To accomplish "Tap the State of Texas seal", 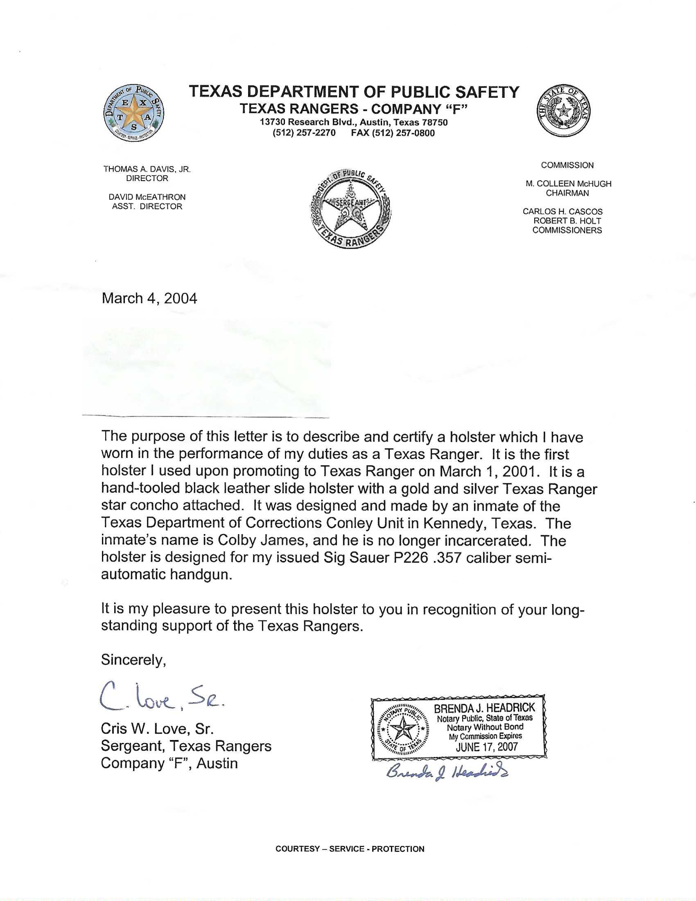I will [563, 111].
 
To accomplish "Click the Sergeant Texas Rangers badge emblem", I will [350, 208].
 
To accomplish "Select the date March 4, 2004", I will [149, 298].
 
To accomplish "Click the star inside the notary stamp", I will [403, 729].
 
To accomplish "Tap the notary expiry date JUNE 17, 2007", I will [486, 747].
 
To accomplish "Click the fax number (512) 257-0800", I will [393, 133].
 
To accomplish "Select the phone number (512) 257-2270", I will [304, 133].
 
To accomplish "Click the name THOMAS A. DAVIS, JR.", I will [147, 169].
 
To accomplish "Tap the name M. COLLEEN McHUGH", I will [568, 184].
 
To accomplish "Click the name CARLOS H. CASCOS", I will [563, 212].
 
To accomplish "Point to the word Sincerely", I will [133, 660].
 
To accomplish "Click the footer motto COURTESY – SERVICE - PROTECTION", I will [350, 849].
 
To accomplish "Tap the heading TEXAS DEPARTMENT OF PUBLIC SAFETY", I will [354, 92].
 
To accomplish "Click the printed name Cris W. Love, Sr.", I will [157, 729].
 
